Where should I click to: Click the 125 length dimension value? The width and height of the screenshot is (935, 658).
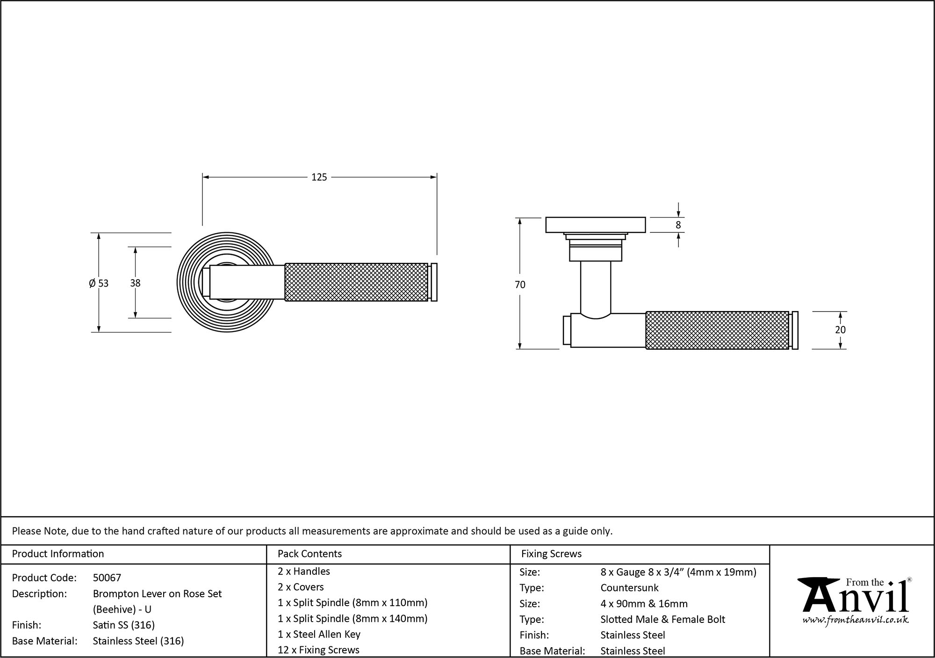coord(319,177)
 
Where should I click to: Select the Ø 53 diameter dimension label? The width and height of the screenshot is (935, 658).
coord(99,283)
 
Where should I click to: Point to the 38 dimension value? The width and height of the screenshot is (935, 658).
coord(135,283)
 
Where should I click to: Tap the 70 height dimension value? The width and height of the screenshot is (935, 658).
coord(520,284)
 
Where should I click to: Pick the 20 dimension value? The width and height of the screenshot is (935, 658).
coord(840,330)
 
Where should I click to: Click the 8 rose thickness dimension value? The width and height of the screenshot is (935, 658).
coord(678,225)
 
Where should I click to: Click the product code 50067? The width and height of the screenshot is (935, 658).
coord(107,578)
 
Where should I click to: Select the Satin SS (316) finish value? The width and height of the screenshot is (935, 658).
coord(123,625)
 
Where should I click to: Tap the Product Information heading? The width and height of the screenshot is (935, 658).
coord(58,554)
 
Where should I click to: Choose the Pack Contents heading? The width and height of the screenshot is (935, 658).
coord(309,554)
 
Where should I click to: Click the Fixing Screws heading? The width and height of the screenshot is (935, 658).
coord(551,554)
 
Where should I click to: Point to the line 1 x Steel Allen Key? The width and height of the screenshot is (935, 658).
coord(319,634)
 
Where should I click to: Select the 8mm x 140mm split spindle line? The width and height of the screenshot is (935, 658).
coord(352,618)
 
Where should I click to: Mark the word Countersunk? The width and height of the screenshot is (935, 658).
coord(629,587)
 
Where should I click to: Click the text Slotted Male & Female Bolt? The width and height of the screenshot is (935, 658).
coord(662,619)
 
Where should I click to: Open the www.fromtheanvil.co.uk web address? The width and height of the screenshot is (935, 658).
coord(856,620)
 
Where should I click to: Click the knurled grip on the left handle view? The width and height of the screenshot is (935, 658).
coord(356,282)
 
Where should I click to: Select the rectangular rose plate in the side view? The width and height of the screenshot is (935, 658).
coord(596,225)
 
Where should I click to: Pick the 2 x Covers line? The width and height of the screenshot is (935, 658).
coord(301,587)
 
